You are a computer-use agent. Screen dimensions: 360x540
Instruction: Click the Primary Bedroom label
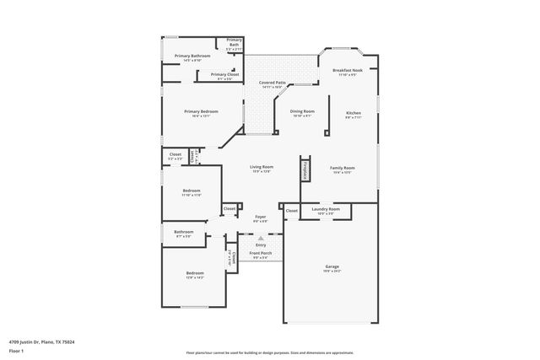pyautogui.click(x=202, y=111)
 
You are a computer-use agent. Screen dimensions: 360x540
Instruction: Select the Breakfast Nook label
pyautogui.click(x=348, y=71)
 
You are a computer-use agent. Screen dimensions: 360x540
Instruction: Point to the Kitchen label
pyautogui.click(x=353, y=113)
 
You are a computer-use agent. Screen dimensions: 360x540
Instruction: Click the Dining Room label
pyautogui.click(x=302, y=111)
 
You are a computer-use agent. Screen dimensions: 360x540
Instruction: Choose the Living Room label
pyautogui.click(x=262, y=167)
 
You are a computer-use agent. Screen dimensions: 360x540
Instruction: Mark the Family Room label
pyautogui.click(x=342, y=168)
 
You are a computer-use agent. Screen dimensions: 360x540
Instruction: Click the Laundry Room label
pyautogui.click(x=325, y=208)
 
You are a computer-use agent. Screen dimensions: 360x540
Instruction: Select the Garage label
pyautogui.click(x=332, y=266)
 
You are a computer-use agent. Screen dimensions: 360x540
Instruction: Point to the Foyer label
pyautogui.click(x=261, y=217)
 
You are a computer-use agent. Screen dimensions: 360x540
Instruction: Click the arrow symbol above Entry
pyautogui.click(x=261, y=239)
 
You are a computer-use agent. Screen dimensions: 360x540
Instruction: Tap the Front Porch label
pyautogui.click(x=260, y=253)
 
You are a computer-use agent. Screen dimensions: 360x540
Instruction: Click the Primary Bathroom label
pyautogui.click(x=192, y=56)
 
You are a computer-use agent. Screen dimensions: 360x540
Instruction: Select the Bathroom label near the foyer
pyautogui.click(x=184, y=232)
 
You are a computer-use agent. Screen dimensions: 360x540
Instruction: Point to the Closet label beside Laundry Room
pyautogui.click(x=291, y=210)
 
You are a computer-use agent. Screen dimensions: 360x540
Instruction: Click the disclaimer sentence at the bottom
pyautogui.click(x=269, y=353)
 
